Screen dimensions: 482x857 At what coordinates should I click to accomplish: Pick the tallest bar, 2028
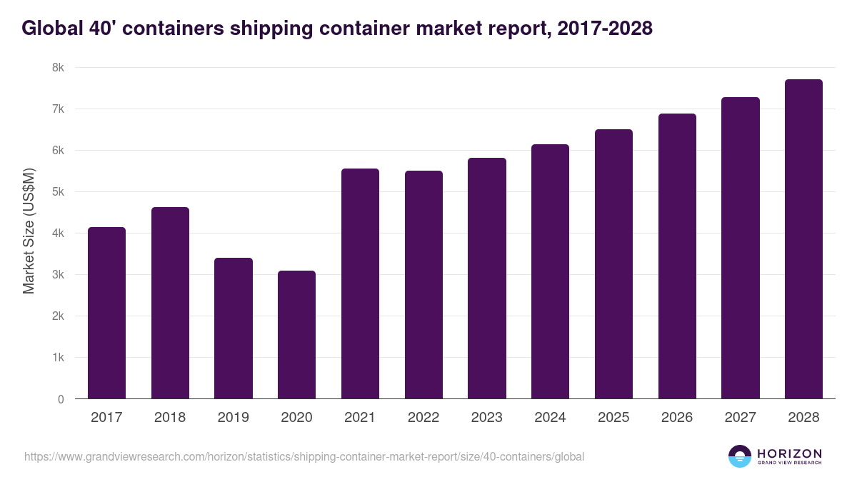[x=803, y=239]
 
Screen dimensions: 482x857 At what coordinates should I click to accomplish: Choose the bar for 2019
[x=234, y=328]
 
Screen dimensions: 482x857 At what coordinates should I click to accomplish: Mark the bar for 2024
[x=550, y=271]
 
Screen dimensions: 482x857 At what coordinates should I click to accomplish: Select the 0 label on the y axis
[x=61, y=399]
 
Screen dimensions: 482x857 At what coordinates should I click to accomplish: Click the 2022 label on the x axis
[x=424, y=418]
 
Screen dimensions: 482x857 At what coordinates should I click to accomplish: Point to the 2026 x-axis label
[x=677, y=418]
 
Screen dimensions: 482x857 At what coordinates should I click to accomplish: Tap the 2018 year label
[x=170, y=418]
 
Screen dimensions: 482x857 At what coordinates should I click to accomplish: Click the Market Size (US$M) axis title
[x=29, y=230]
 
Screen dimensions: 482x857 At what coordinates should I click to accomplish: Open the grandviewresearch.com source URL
[x=304, y=456]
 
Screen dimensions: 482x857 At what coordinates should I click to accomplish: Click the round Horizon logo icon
[x=740, y=456]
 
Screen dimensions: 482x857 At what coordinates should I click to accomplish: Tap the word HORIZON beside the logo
[x=789, y=453]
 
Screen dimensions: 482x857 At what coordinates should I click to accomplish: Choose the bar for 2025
[x=613, y=264]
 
